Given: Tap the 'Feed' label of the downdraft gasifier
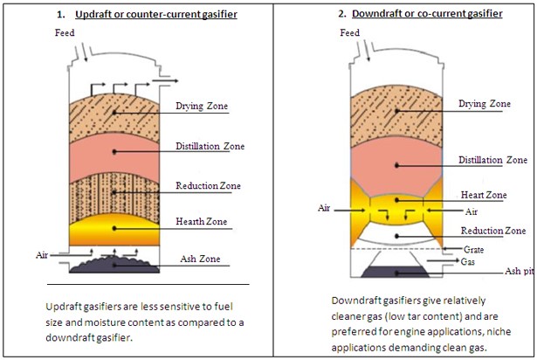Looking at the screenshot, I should pos(349,33).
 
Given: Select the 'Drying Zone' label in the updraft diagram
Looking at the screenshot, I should pos(202,107).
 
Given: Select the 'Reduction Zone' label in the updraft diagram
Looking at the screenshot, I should pos(209,186).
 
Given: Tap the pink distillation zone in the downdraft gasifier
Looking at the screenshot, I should pos(397,162).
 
